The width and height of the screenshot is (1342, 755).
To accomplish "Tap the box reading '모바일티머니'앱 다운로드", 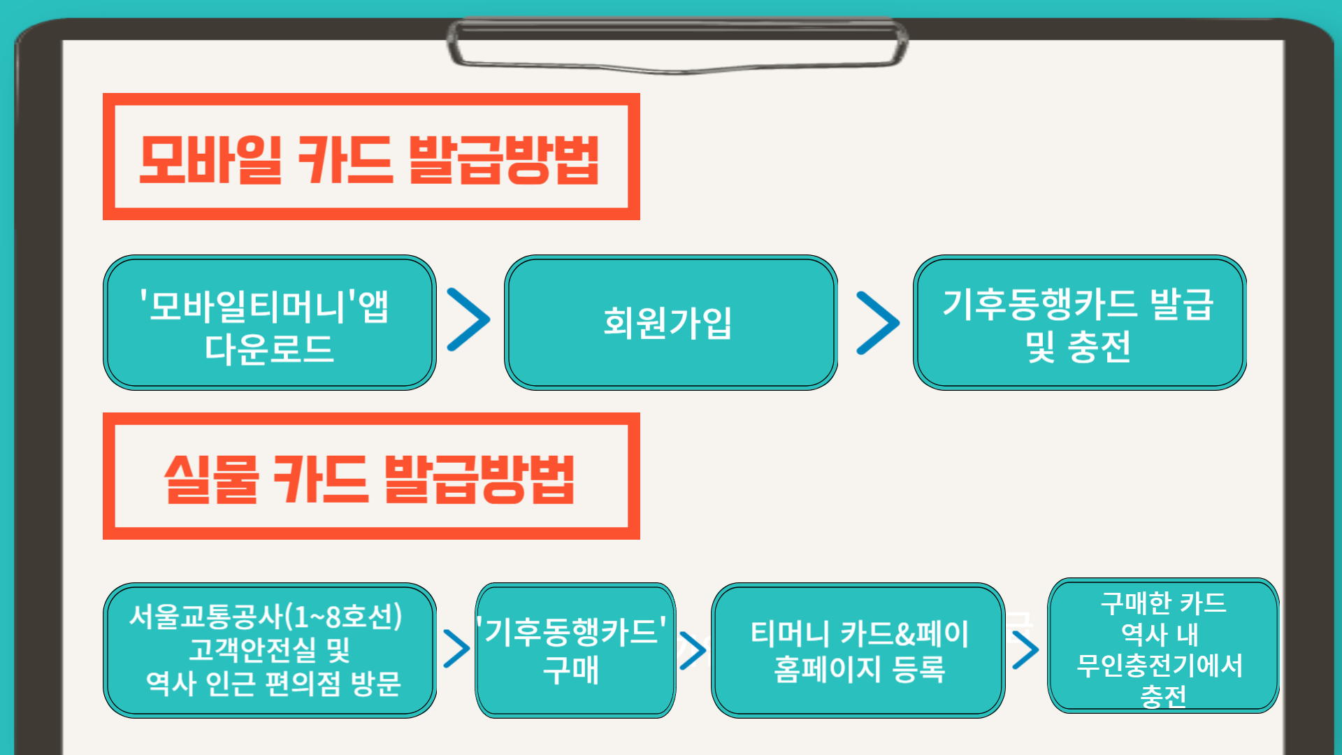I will tap(269, 323).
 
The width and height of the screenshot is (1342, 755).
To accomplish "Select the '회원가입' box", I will tap(670, 323).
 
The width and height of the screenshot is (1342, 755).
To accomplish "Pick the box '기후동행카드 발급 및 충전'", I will tap(1078, 323).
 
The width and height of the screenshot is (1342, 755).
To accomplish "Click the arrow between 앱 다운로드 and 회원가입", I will tap(468, 319).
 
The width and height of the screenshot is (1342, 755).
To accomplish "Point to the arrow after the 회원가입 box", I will tap(878, 323).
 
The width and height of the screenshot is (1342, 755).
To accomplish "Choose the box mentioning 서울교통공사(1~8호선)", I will tap(269, 650).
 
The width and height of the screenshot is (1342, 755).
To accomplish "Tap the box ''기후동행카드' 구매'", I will tap(575, 650).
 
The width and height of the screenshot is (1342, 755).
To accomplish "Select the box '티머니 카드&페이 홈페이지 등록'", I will tap(858, 650).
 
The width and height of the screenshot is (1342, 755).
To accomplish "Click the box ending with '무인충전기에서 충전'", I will tap(1162, 647).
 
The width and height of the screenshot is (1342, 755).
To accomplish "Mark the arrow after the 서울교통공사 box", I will tap(456, 649).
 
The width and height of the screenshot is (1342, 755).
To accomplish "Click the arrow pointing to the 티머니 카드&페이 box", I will tap(692, 650).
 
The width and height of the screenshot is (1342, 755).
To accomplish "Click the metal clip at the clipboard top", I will tap(677, 45).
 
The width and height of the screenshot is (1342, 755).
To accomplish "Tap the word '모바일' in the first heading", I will tap(210, 159).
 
